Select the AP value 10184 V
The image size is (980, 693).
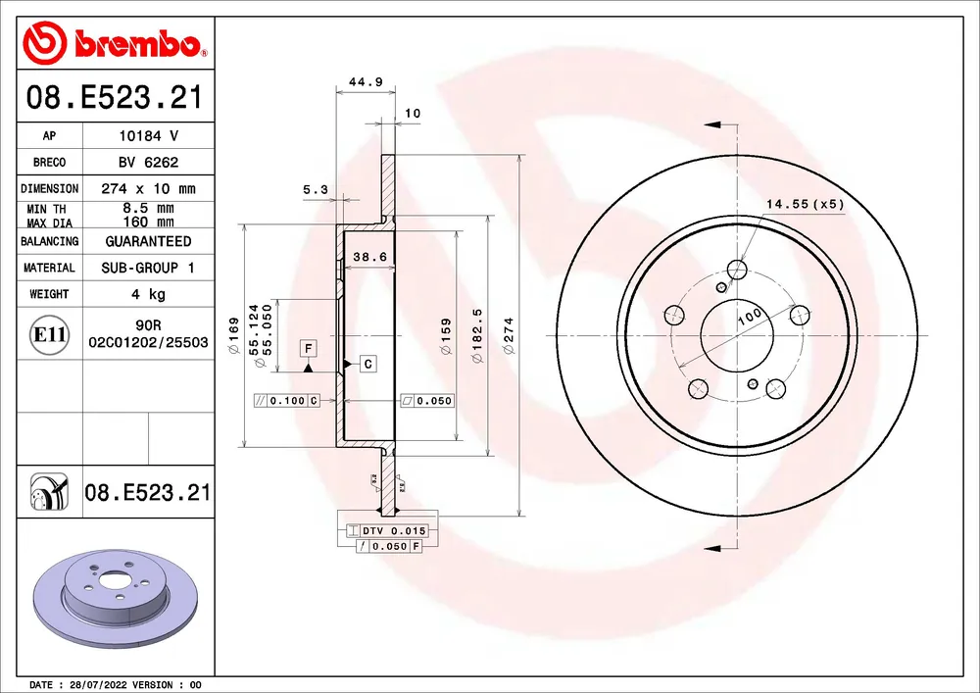click(149, 135)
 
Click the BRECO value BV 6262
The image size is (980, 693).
click(149, 163)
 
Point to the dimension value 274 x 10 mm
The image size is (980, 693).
click(149, 189)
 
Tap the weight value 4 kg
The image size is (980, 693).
click(149, 294)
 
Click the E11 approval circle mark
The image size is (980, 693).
click(49, 335)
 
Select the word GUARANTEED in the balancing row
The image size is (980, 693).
click(149, 241)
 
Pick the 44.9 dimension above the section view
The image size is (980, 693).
click(366, 82)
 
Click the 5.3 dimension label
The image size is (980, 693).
click(315, 189)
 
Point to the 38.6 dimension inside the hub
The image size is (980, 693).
click(370, 256)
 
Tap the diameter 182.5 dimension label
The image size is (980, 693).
click(478, 335)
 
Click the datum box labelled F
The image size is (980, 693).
click(308, 348)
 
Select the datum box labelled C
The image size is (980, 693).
click(368, 364)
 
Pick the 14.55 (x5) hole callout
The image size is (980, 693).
click(805, 204)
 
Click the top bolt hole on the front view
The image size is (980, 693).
click(738, 270)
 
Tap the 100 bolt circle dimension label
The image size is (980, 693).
click(750, 317)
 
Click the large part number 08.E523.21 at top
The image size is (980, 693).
click(115, 98)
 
